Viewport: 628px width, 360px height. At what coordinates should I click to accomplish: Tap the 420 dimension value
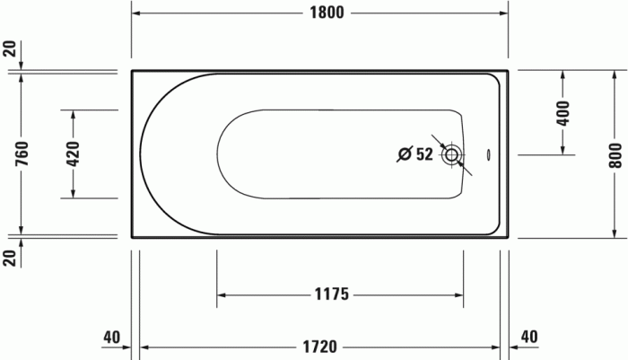pos(73,154)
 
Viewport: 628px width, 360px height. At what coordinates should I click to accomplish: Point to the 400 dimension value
pos(563,112)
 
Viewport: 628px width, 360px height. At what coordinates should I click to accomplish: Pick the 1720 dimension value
pos(318,345)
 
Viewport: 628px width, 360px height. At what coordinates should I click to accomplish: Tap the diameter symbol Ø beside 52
pos(405,154)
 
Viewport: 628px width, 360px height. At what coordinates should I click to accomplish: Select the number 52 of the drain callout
pos(424,154)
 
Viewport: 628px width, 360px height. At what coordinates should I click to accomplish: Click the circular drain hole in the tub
pos(453,154)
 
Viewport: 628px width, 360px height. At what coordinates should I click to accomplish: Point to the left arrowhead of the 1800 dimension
pos(138,13)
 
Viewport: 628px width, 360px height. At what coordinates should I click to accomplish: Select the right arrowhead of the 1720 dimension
pos(496,345)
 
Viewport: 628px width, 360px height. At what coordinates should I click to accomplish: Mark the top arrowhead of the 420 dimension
pos(73,114)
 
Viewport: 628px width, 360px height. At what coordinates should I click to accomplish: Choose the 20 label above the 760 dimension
pos(10,49)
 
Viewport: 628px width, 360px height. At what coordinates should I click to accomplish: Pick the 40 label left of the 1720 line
pos(111,338)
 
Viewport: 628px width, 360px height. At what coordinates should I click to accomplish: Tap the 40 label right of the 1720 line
pos(529,338)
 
